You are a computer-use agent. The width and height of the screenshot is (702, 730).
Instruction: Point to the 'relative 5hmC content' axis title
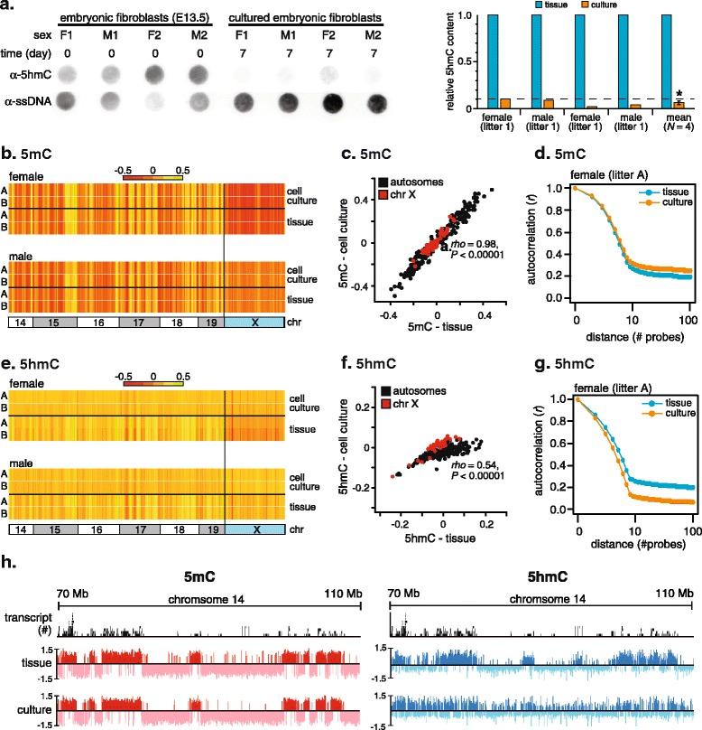pos(440,62)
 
